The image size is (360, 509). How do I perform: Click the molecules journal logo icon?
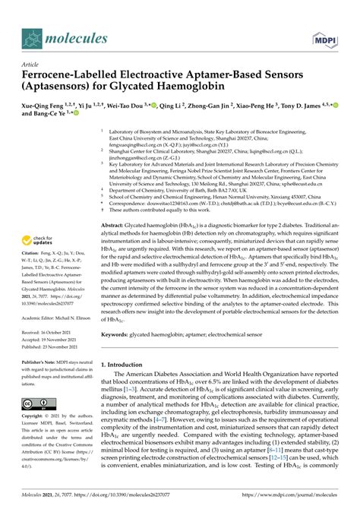pos(30,36)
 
